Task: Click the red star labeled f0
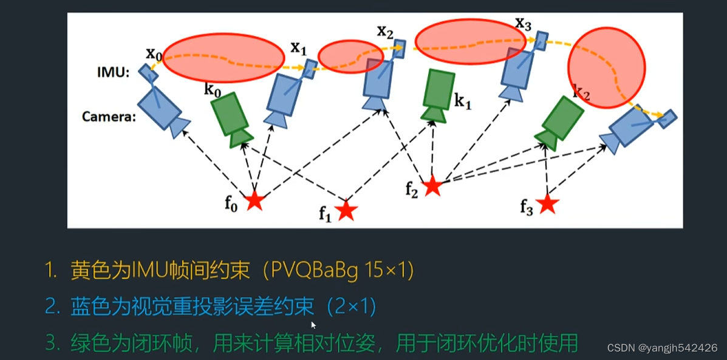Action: coord(254,200)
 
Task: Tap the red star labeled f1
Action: coord(346,210)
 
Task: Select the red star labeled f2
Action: coord(432,185)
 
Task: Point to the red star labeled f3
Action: coord(548,203)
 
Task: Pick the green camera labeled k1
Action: coord(439,95)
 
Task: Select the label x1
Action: coord(298,47)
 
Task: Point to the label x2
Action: coord(385,32)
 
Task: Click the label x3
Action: coord(523,24)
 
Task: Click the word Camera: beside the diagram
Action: coord(109,116)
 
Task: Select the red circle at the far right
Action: coord(606,67)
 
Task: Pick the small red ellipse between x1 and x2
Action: coord(350,57)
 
